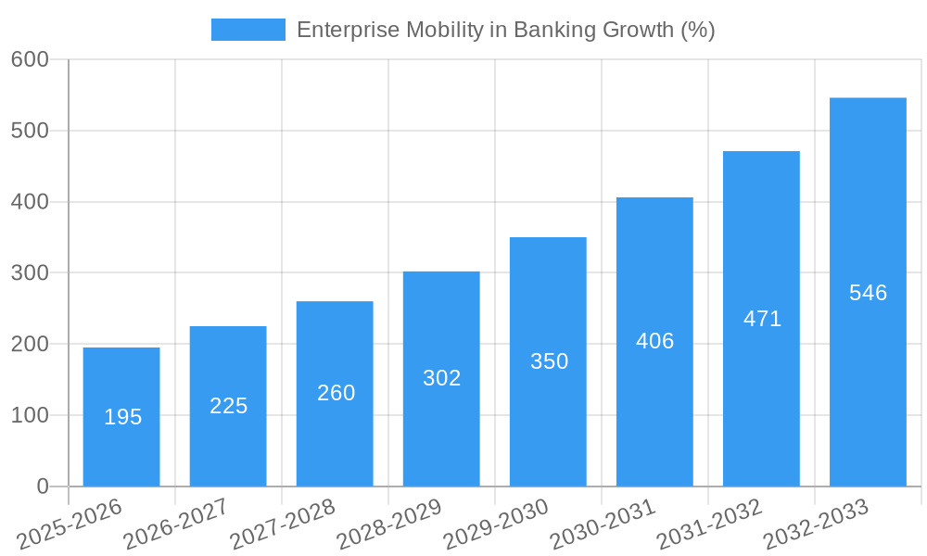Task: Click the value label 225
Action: coord(228,406)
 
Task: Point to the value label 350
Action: coord(549,361)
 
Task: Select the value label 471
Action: coord(762,319)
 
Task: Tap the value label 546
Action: coord(868,293)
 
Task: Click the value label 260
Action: coord(336,393)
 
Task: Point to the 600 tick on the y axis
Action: coord(30,59)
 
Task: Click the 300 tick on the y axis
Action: coord(30,272)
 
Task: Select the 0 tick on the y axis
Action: coord(43,486)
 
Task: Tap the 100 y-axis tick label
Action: coord(30,415)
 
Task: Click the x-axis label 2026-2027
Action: coord(176,524)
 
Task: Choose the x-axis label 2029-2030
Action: coord(496,524)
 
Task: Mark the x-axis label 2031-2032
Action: coord(709,524)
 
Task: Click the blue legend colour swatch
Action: coord(248,30)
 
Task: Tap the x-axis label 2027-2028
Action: coord(283,524)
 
